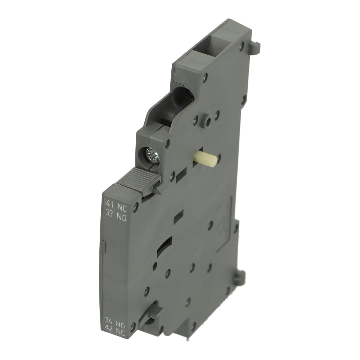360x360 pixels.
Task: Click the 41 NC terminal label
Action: pyautogui.click(x=116, y=203)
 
